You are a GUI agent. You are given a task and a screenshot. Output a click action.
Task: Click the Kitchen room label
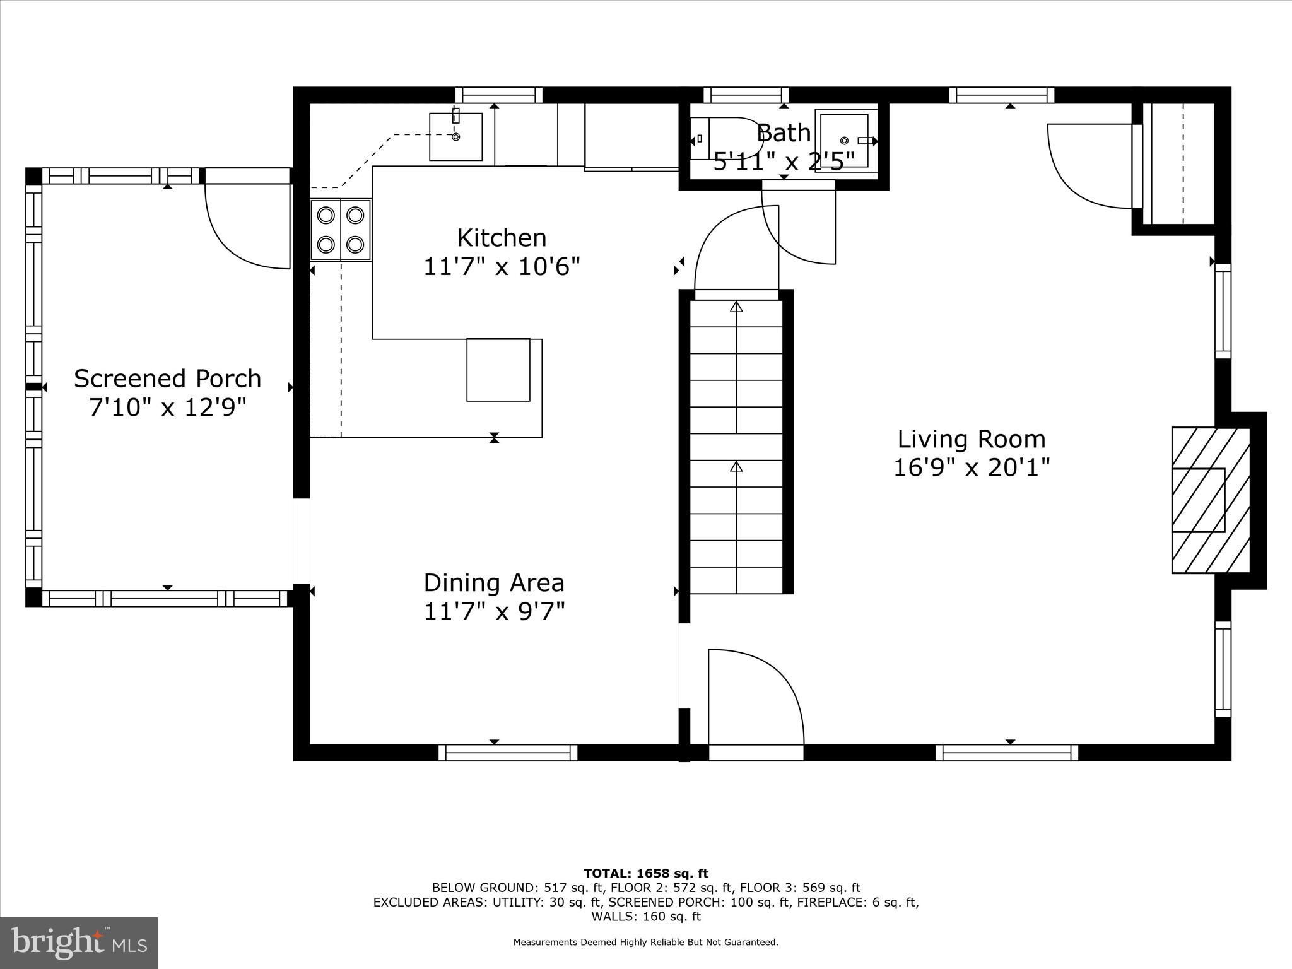coord(502,238)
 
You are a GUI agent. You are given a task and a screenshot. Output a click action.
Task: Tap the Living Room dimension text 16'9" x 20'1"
coord(972,468)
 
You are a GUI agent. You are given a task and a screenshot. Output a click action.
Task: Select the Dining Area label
coord(494,582)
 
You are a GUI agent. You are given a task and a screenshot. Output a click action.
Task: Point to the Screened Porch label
coord(167,379)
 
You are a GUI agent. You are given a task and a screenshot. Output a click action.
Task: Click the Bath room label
coord(784,133)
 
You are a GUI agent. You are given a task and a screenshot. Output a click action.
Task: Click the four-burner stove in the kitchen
coord(341,230)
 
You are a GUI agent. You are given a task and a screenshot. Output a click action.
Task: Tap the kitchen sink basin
coord(456,136)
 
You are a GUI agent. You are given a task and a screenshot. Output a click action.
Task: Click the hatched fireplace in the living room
coord(1211,500)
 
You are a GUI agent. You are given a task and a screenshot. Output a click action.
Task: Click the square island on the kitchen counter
coord(498,370)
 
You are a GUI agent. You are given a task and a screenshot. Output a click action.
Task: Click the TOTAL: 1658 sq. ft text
coord(646,874)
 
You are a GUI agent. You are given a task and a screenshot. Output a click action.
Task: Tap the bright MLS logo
coord(79,943)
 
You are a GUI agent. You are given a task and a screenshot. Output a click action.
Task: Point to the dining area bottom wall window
coord(508,753)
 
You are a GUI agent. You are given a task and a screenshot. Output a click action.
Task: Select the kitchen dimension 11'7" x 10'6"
coord(502,267)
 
